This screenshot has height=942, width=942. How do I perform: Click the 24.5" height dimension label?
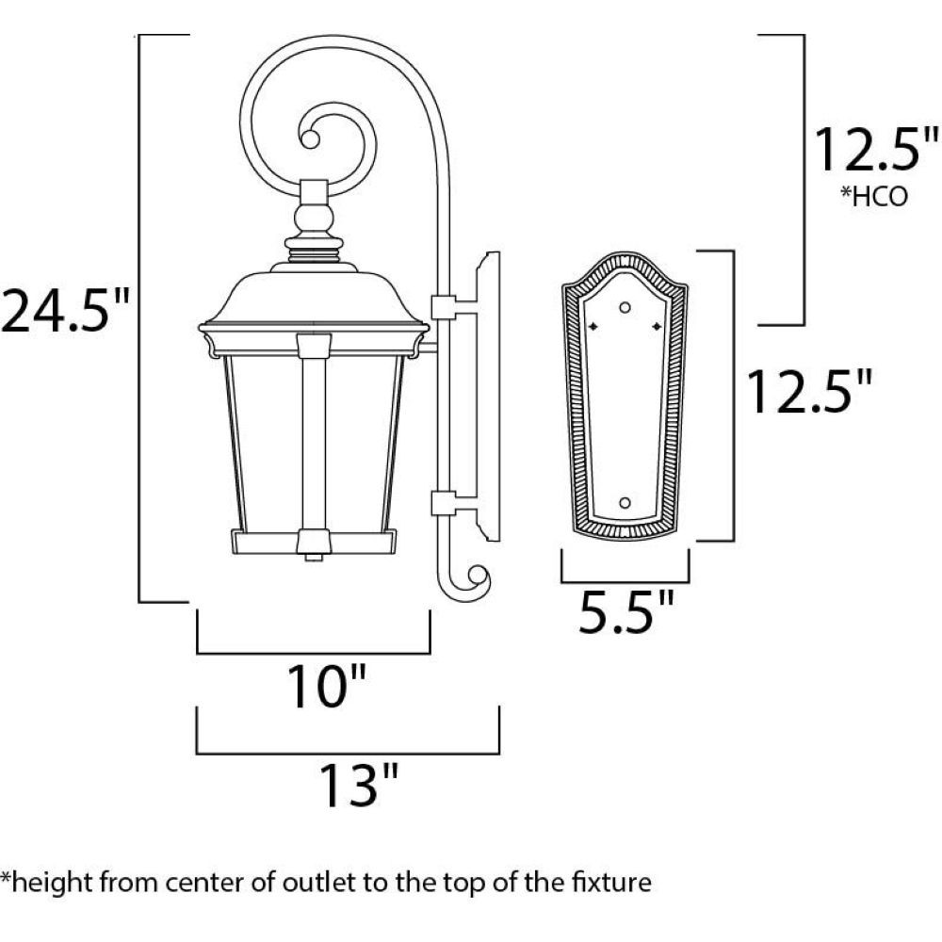pyautogui.click(x=65, y=311)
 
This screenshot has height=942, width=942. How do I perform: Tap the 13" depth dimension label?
pyautogui.click(x=358, y=785)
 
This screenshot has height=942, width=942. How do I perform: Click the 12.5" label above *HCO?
pyautogui.click(x=875, y=149)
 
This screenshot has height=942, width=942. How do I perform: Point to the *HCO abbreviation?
pyautogui.click(x=874, y=197)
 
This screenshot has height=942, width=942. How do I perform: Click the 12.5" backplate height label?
pyautogui.click(x=809, y=391)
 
